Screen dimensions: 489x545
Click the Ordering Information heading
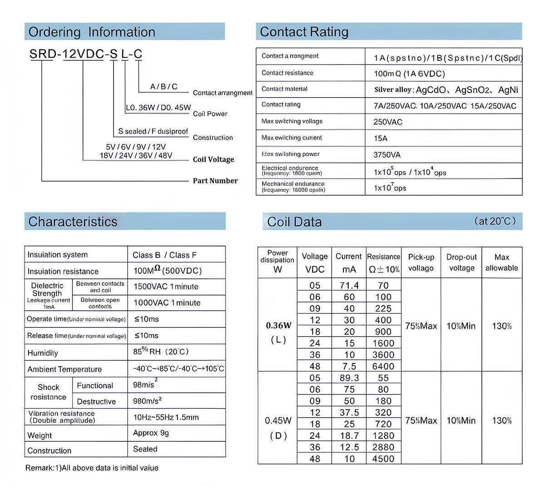point(92,32)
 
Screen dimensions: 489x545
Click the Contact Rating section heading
point(304,32)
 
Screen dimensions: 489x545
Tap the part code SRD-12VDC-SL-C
point(86,54)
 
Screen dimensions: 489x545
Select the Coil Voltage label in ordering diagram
point(213,159)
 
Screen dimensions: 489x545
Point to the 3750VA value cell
point(387,155)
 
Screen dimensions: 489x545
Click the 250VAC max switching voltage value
point(388,122)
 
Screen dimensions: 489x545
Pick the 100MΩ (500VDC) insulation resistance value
point(167,271)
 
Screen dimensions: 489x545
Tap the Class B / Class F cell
point(164,255)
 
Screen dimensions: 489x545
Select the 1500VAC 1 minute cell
point(166,286)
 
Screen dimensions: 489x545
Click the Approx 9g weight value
point(151,433)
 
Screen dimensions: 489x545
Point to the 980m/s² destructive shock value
point(148,401)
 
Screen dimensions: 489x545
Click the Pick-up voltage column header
point(421,262)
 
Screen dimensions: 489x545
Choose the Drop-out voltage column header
point(461,262)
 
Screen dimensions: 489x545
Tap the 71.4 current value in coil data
point(349,286)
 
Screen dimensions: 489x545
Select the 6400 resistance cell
point(383,366)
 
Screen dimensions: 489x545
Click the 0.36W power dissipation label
point(278,326)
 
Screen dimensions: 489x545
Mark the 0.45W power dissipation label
point(278,421)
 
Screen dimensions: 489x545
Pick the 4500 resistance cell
point(383,459)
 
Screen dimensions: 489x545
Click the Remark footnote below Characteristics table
point(92,468)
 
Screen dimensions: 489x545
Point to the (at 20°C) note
point(495,221)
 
